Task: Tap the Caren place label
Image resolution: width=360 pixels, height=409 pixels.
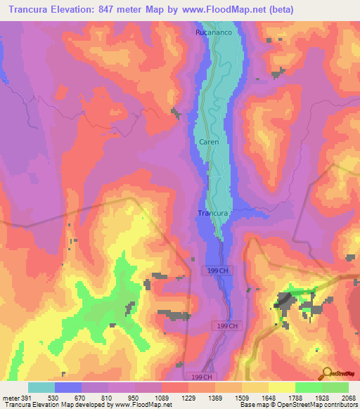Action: click(x=209, y=142)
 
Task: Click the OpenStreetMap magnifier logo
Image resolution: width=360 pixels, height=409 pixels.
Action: click(x=326, y=373)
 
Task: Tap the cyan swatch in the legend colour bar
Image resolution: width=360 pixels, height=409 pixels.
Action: click(x=41, y=387)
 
